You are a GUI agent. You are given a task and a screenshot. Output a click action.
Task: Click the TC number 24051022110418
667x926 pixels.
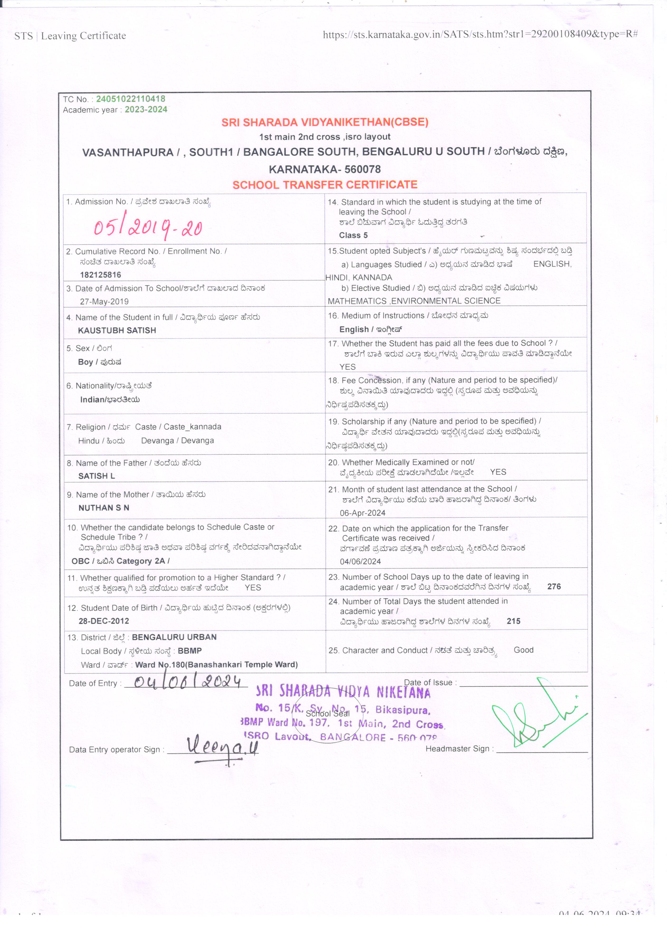click(131, 99)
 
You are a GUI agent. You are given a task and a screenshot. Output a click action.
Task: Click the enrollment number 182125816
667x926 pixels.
click(100, 275)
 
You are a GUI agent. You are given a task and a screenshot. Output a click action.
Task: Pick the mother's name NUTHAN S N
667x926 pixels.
click(104, 508)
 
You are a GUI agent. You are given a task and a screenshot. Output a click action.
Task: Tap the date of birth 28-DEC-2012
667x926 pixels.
click(104, 621)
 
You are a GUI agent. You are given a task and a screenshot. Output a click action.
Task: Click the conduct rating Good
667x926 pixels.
click(523, 650)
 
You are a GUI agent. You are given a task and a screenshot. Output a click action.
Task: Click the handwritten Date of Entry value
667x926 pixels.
click(188, 681)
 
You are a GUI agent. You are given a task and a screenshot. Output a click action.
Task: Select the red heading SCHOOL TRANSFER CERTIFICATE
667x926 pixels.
click(325, 185)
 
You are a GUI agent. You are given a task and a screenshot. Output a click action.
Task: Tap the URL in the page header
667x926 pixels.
click(480, 34)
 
